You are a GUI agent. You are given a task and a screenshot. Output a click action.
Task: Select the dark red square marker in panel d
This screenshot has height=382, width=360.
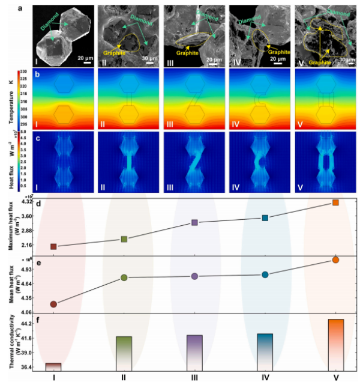[x=54, y=246]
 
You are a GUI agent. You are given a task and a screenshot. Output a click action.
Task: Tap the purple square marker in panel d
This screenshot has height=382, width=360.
[x=194, y=223]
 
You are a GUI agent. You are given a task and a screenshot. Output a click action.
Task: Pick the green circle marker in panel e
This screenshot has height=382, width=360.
[x=124, y=277]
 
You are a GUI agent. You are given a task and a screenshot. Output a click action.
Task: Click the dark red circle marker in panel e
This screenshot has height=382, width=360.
[x=54, y=304]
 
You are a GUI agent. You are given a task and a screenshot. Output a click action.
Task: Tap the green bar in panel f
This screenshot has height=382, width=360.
[x=124, y=353]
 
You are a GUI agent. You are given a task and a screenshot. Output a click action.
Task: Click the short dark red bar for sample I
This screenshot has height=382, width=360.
[x=54, y=366]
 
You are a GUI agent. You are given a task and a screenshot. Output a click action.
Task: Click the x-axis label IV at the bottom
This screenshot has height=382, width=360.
[x=265, y=377]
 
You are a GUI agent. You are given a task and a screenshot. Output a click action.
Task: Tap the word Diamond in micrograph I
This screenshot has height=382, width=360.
[x=50, y=26]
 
